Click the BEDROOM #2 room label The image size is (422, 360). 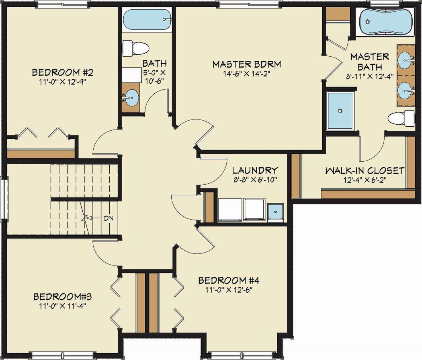pyautogui.click(x=63, y=73)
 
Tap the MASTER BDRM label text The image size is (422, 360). pyautogui.click(x=246, y=64)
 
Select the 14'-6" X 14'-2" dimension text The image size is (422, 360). pyautogui.click(x=246, y=74)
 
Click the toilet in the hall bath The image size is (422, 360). pyautogui.click(x=136, y=48)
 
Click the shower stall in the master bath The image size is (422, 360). pyautogui.click(x=340, y=111)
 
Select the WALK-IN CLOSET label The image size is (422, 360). pyautogui.click(x=365, y=171)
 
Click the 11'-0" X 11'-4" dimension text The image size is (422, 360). pyautogui.click(x=63, y=306)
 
